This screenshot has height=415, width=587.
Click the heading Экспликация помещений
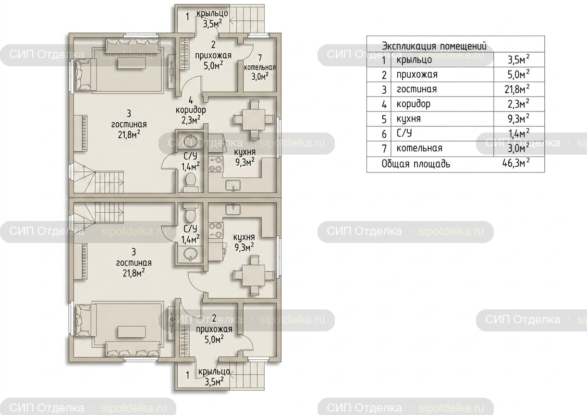click(x=434, y=47)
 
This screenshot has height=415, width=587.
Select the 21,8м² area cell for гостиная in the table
click(x=517, y=89)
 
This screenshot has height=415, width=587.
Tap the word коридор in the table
click(x=413, y=104)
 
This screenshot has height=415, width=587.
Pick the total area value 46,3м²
click(x=516, y=163)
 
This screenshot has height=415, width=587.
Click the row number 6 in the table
click(x=384, y=134)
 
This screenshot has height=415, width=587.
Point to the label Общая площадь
click(x=416, y=164)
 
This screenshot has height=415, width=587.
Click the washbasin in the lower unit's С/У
click(x=190, y=254)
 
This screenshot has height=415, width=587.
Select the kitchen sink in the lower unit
click(x=233, y=209)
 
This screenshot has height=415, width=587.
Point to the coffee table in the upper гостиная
click(x=132, y=63)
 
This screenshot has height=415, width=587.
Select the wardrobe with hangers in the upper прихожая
click(x=185, y=54)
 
